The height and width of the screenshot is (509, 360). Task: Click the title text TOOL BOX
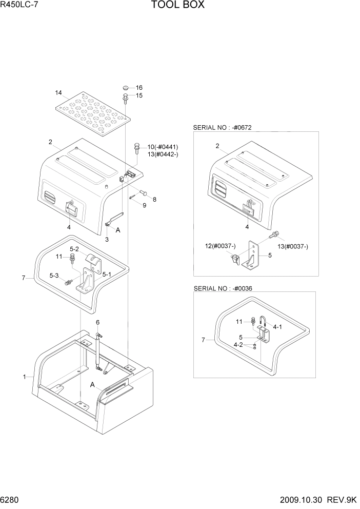click(x=178, y=6)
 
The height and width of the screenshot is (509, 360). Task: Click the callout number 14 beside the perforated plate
click(x=58, y=93)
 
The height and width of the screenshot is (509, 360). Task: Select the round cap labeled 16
click(x=126, y=88)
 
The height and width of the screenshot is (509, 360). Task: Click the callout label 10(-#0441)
click(x=163, y=147)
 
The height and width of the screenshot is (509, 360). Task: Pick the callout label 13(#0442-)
click(x=163, y=154)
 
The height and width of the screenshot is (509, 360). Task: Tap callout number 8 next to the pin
click(x=154, y=199)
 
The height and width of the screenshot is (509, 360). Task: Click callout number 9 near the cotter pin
click(x=145, y=205)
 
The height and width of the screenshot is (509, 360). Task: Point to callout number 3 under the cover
click(x=107, y=239)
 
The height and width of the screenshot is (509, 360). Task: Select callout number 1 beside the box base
click(x=24, y=377)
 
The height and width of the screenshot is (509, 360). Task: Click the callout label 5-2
click(x=75, y=249)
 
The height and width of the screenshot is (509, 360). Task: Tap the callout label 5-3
click(x=54, y=276)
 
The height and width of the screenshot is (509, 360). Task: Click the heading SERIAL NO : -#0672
click(x=223, y=127)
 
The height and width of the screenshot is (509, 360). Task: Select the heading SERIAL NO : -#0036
click(x=223, y=288)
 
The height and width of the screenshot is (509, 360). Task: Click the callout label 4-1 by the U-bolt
click(x=278, y=326)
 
